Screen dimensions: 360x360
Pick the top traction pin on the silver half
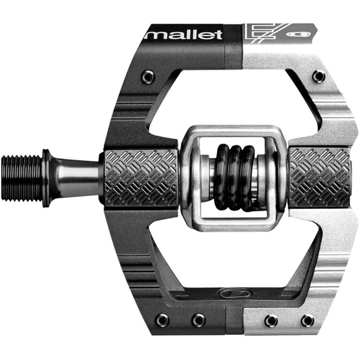[318, 76]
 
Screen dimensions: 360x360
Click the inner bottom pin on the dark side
[198, 320]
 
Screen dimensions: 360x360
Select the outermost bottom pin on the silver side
[308, 320]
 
